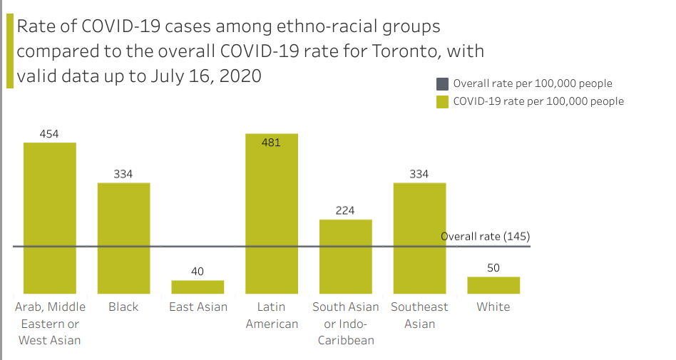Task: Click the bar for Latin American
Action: (271, 214)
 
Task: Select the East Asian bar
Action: (198, 287)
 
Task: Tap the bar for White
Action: (493, 285)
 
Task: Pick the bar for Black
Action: (123, 238)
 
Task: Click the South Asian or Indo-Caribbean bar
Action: (345, 257)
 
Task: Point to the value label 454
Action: (49, 133)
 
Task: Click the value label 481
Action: (271, 142)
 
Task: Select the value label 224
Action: (345, 210)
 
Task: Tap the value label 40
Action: (198, 271)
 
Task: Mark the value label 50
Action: (493, 268)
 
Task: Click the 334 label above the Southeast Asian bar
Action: (419, 174)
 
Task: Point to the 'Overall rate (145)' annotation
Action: (486, 236)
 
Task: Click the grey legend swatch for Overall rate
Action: (442, 83)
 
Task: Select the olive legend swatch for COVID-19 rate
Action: (442, 101)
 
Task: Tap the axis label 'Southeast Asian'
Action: (419, 315)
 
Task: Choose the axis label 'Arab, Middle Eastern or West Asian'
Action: (50, 323)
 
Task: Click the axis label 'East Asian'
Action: (198, 307)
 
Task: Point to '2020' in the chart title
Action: (240, 76)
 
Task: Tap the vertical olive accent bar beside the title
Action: (10, 51)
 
